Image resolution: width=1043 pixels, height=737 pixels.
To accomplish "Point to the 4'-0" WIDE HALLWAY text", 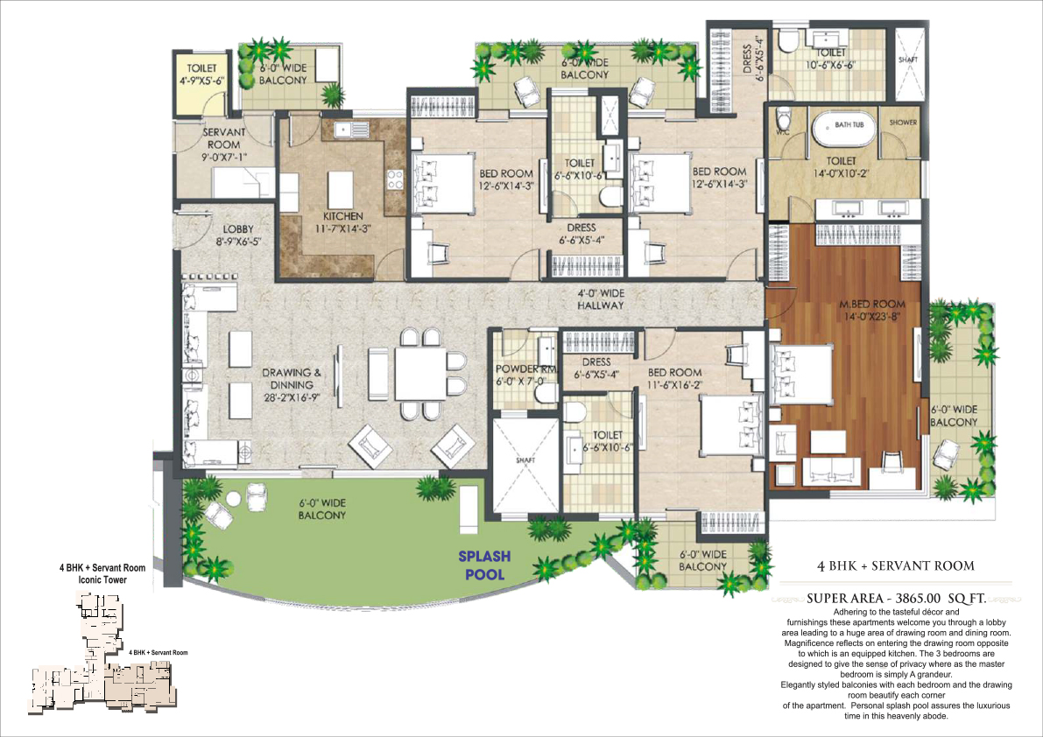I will point(600,299).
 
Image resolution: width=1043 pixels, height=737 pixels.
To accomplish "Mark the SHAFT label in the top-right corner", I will point(908,59).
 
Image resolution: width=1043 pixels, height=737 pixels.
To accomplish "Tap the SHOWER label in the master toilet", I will point(902,123).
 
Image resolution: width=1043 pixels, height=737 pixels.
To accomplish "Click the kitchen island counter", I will point(340,188).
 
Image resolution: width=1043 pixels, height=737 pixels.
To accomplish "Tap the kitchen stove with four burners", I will point(395,179).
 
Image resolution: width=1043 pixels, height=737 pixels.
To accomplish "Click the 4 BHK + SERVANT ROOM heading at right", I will point(895,565).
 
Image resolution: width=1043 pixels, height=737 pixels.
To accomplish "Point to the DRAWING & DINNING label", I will point(292,378).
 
